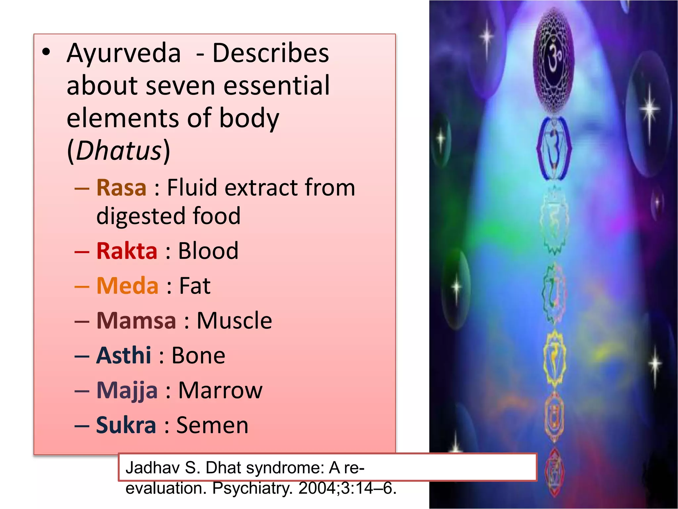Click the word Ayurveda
click(x=124, y=54)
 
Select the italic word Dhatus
click(x=119, y=151)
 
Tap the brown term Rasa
click(x=121, y=188)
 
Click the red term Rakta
click(x=127, y=251)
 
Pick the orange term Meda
click(x=127, y=286)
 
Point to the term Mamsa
click(x=136, y=321)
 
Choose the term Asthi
click(x=123, y=356)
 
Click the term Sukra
click(x=126, y=425)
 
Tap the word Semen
click(x=212, y=425)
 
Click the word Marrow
click(x=220, y=390)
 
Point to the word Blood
click(x=208, y=251)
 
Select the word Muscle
click(x=234, y=321)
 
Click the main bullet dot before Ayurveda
click(x=46, y=52)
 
